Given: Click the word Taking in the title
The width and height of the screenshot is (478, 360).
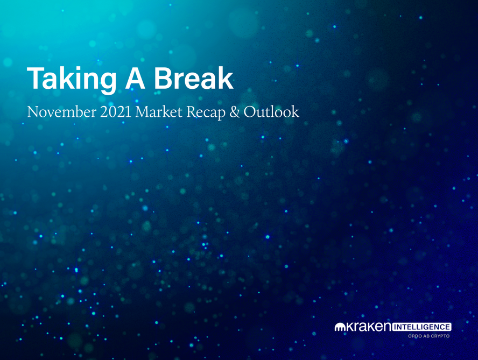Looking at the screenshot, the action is click(x=72, y=79).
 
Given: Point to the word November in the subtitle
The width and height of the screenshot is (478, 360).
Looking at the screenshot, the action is click(x=61, y=112).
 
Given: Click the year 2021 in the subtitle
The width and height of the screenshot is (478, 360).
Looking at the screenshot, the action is click(x=116, y=112).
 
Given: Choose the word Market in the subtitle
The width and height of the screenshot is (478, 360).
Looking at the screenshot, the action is click(x=158, y=112).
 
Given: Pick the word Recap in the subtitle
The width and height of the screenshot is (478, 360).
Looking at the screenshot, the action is click(x=206, y=112).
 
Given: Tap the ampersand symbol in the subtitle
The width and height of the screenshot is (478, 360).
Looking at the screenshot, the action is click(x=235, y=112).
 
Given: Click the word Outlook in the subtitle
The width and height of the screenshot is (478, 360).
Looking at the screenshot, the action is click(x=271, y=111).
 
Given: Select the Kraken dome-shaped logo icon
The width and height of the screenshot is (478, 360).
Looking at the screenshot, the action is click(x=340, y=327).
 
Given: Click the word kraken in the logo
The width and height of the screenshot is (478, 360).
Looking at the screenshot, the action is click(x=368, y=327).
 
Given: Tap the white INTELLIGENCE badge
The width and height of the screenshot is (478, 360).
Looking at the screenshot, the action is click(x=421, y=327).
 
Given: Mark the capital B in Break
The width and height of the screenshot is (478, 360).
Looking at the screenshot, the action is click(x=164, y=77).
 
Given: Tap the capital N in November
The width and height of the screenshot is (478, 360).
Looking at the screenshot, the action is click(x=33, y=112).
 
